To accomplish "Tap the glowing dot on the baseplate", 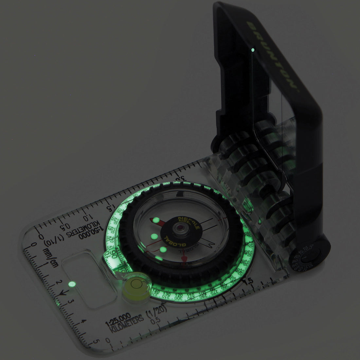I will pyautogui.click(x=70, y=284).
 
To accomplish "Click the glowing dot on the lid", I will pyautogui.click(x=253, y=50).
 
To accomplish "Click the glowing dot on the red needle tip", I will pyautogui.click(x=156, y=220).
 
